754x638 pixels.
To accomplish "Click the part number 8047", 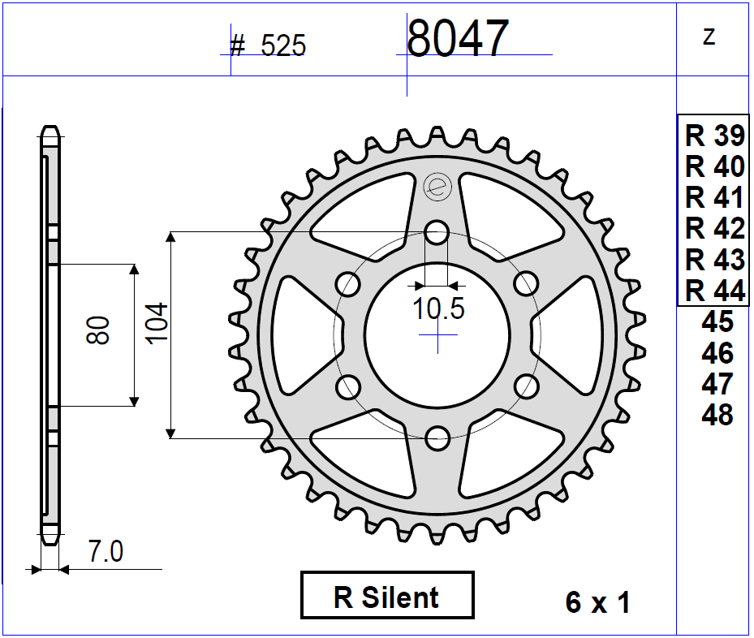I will pos(457,38).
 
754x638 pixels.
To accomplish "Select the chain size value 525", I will pos(283,46).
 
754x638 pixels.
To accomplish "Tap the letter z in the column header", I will pos(709,37).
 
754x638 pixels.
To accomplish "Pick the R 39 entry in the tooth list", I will pos(714,136).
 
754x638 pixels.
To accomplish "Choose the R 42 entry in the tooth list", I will pos(714,229).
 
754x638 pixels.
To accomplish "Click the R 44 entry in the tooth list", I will pos(714,291).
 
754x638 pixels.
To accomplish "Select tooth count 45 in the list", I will pos(717,322).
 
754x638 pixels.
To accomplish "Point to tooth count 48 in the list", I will pos(717,416).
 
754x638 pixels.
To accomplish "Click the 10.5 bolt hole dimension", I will pos(438,309).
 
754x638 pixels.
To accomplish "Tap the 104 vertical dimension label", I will pos(157,323).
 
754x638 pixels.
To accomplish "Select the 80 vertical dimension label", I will pos(98,330).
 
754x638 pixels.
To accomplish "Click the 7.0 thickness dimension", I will pos(106,553).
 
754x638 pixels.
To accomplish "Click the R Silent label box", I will pos(387,597).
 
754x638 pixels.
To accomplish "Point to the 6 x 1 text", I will pos(598,603).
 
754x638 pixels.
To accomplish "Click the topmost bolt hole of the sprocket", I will pos(437,232).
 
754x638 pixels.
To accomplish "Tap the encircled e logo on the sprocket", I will pos(437,187).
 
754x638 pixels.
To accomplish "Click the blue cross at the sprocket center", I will pos(437,334).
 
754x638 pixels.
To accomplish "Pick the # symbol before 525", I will pos(238,45).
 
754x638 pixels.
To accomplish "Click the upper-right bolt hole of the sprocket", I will pos(527,283).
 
